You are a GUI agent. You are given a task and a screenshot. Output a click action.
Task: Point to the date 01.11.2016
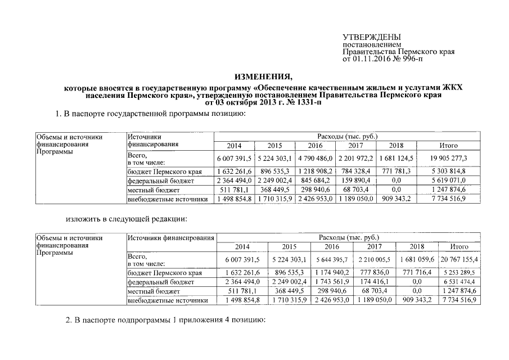tap(373, 58)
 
